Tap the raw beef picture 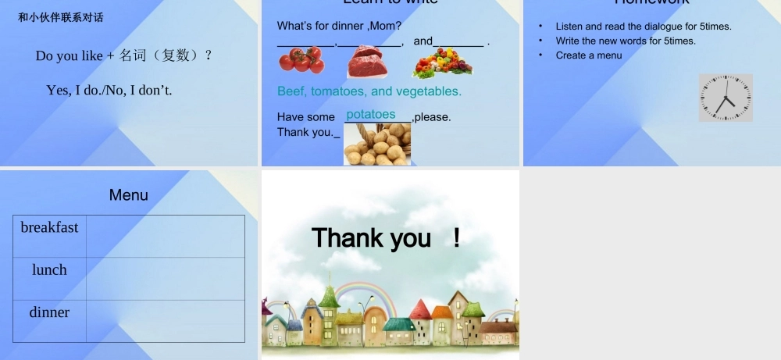pyautogui.click(x=367, y=62)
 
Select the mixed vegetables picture pyautogui.click(x=442, y=62)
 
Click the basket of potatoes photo pyautogui.click(x=377, y=144)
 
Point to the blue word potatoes pyautogui.click(x=371, y=115)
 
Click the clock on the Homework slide pyautogui.click(x=726, y=98)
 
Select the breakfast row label pyautogui.click(x=49, y=227)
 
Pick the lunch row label pyautogui.click(x=49, y=269)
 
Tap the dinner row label pyautogui.click(x=49, y=312)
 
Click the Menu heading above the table pyautogui.click(x=128, y=195)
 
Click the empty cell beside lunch pyautogui.click(x=165, y=279)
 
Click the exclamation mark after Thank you pyautogui.click(x=456, y=237)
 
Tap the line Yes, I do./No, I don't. pyautogui.click(x=109, y=91)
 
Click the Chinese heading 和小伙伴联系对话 pyautogui.click(x=61, y=17)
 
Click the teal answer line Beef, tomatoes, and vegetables pyautogui.click(x=369, y=91)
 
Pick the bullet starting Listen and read pyautogui.click(x=644, y=27)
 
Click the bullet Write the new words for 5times pyautogui.click(x=626, y=41)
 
